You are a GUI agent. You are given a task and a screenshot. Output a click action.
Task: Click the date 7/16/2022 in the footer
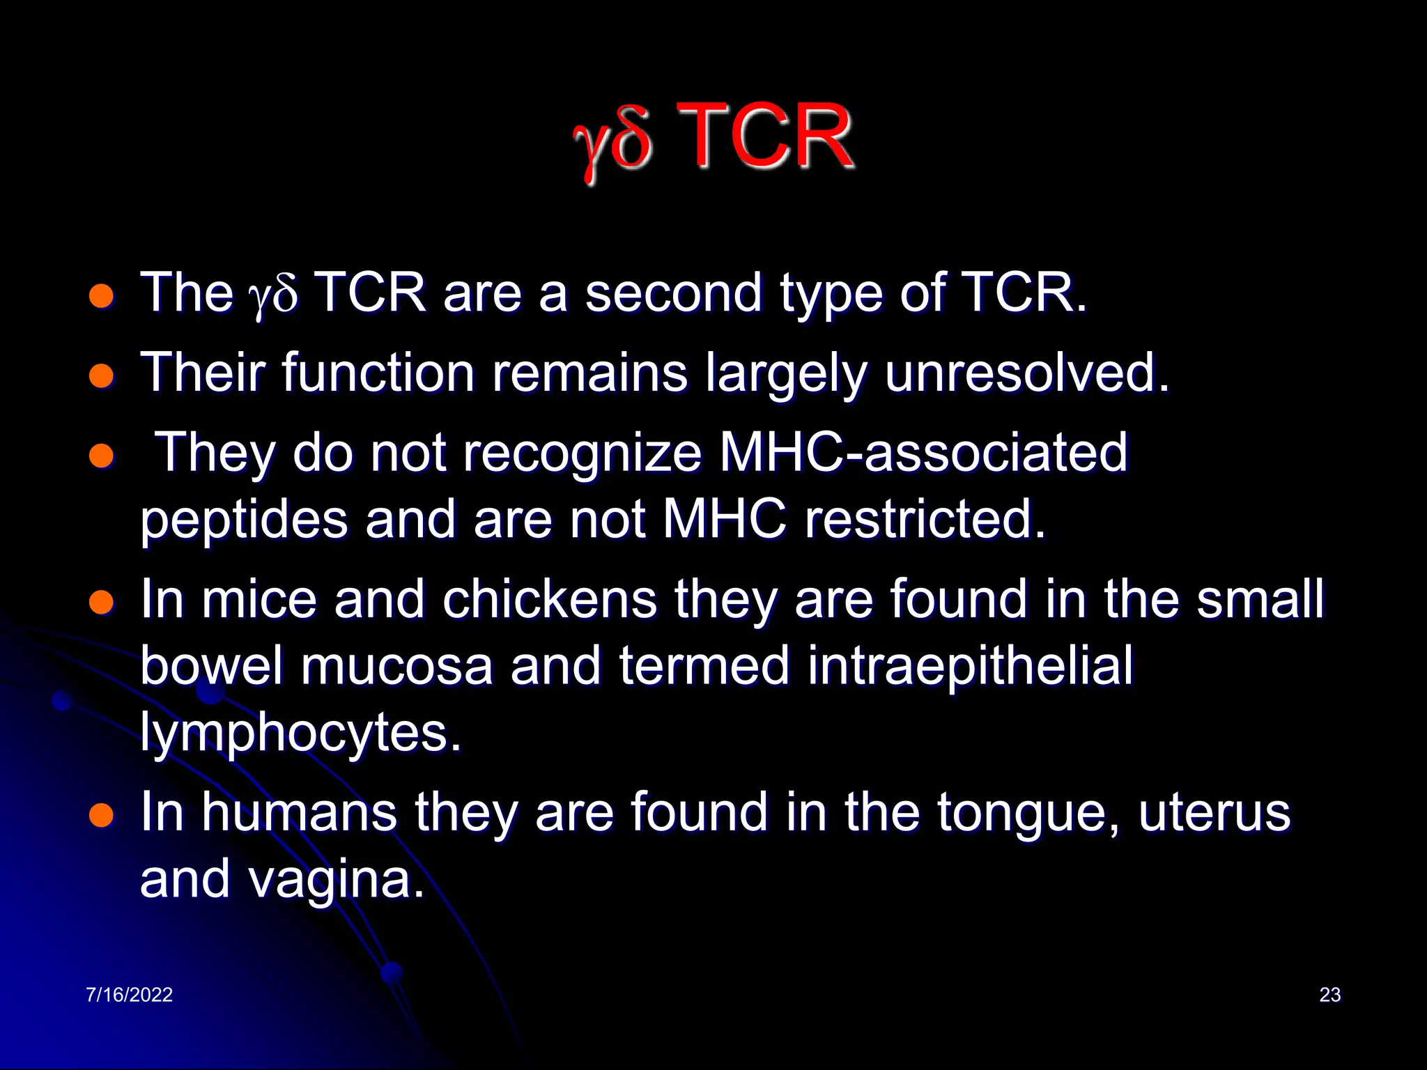[129, 994]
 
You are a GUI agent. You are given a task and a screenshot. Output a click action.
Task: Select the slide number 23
[1329, 994]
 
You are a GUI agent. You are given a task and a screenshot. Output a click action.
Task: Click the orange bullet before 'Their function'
[102, 376]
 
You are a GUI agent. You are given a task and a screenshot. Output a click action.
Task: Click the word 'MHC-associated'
[923, 453]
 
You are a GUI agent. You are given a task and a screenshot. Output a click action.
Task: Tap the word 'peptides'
[244, 520]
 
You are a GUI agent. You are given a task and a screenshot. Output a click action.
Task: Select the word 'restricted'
[925, 519]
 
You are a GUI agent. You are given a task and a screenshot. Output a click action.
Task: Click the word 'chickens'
[550, 599]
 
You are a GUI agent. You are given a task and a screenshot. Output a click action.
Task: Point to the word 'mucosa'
[396, 666]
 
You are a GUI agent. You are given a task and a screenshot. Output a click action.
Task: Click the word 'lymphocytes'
[300, 734]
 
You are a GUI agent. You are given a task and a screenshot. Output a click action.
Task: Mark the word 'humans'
[300, 812]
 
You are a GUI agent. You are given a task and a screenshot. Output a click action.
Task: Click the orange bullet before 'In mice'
[102, 602]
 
